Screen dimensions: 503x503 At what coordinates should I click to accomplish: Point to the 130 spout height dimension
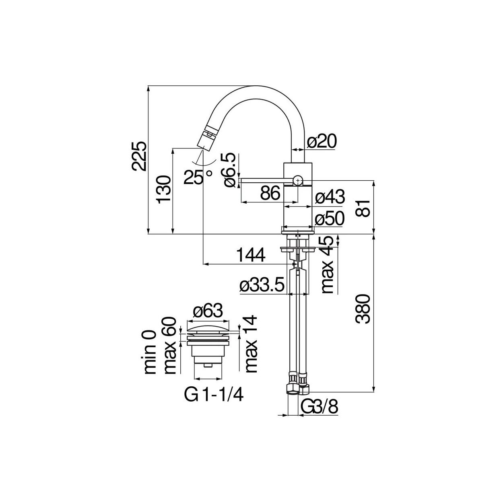pyautogui.click(x=164, y=190)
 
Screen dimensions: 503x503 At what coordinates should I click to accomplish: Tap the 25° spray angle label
pyautogui.click(x=197, y=177)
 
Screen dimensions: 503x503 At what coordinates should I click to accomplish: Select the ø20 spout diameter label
pyautogui.click(x=322, y=142)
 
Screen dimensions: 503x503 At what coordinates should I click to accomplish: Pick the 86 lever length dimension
pyautogui.click(x=270, y=194)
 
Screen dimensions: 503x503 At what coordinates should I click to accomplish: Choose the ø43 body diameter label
pyautogui.click(x=330, y=197)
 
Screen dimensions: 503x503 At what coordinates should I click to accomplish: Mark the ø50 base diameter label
pyautogui.click(x=330, y=218)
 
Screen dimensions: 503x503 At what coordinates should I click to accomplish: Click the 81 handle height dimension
pyautogui.click(x=363, y=208)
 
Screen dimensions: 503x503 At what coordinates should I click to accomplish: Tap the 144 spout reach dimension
pyautogui.click(x=251, y=255)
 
